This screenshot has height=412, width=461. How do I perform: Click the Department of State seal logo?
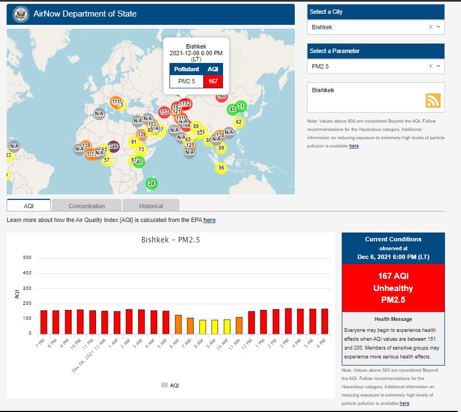21,14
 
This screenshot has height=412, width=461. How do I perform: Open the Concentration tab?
87,206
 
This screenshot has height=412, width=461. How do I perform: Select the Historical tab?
151,206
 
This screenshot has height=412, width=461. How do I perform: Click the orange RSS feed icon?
433,100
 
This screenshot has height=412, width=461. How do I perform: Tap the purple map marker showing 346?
113,146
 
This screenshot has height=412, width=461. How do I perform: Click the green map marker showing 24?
152,183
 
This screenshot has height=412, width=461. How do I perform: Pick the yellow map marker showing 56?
221,168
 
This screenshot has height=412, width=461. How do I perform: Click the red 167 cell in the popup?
213,81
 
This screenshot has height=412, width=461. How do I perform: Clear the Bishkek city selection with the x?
430,27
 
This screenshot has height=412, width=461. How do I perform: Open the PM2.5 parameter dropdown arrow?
438,66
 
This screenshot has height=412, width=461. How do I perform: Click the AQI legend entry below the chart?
170,385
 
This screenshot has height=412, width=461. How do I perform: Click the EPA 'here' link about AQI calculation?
209,220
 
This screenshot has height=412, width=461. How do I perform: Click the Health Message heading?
393,319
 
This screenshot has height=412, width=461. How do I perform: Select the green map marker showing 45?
232,109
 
